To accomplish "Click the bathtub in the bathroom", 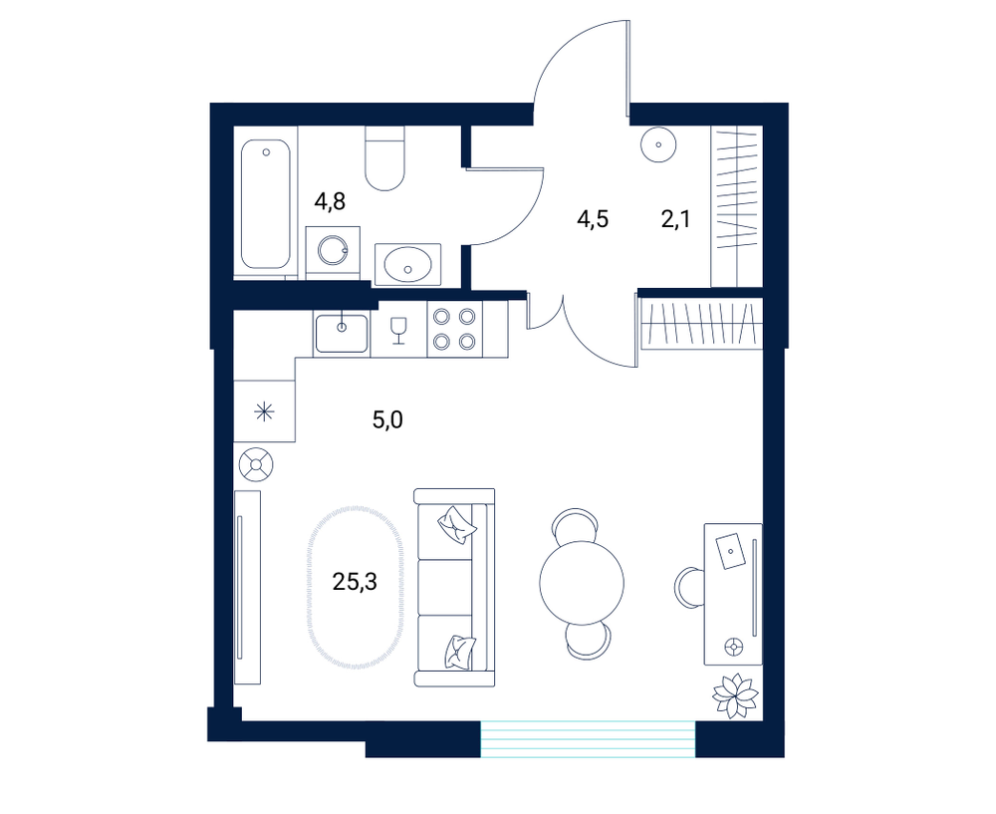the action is point(266,203).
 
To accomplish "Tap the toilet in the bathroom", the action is point(384,158).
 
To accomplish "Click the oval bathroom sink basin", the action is point(407,264).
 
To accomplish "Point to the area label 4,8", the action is point(331,202).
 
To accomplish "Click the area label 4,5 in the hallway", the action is point(593,219).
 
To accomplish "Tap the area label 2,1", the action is point(675,219).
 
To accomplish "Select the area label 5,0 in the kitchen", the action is point(387,420).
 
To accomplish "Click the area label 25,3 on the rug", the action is point(356,581).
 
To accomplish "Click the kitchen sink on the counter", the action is point(341,333).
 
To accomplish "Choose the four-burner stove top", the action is point(454,329).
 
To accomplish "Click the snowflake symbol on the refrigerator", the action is point(264,411).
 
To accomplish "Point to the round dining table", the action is point(582,582).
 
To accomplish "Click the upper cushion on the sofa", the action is point(457,524).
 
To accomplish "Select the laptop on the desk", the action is point(730,550).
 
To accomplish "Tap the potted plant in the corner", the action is point(736,695).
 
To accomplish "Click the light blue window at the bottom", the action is point(589,739).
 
